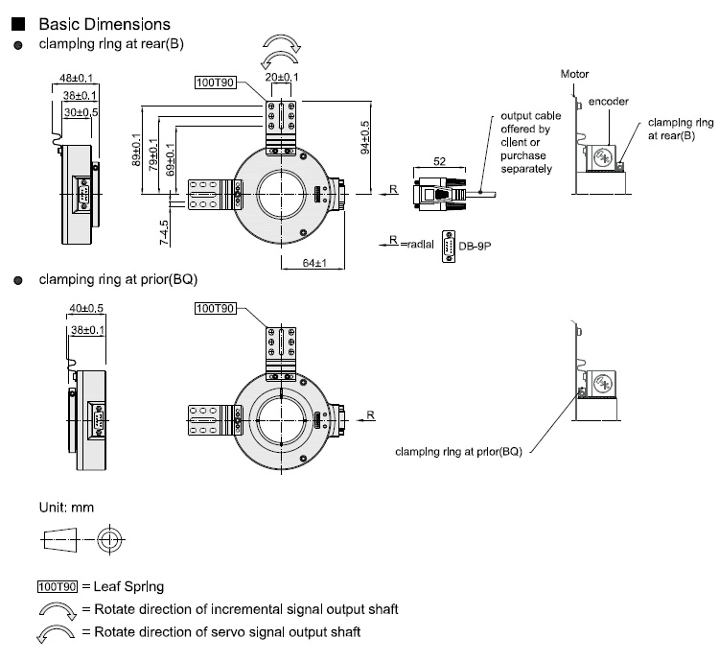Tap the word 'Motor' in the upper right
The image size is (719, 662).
[x=575, y=74]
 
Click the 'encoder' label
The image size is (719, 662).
[x=608, y=101]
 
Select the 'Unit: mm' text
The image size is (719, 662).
[x=65, y=506]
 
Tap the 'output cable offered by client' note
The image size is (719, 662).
[x=525, y=143]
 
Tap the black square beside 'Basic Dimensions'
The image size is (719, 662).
[x=17, y=24]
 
